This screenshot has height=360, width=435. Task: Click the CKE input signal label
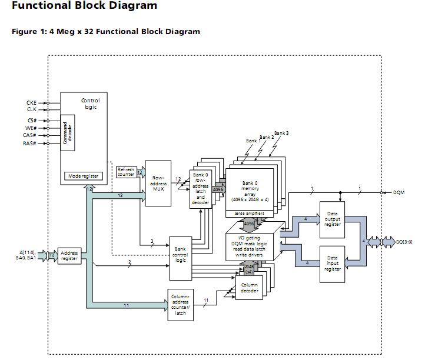(32, 103)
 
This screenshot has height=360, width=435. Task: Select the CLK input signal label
(32, 109)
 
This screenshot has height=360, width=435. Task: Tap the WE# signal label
(32, 128)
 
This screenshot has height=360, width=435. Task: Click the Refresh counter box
(126, 172)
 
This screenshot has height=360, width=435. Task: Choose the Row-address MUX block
(158, 183)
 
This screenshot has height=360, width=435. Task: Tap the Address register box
(69, 256)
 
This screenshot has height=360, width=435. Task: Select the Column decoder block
(250, 288)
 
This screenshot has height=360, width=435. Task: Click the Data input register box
(333, 262)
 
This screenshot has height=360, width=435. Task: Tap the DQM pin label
(399, 192)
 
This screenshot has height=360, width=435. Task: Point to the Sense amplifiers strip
(250, 213)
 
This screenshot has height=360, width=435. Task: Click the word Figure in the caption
(24, 32)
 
